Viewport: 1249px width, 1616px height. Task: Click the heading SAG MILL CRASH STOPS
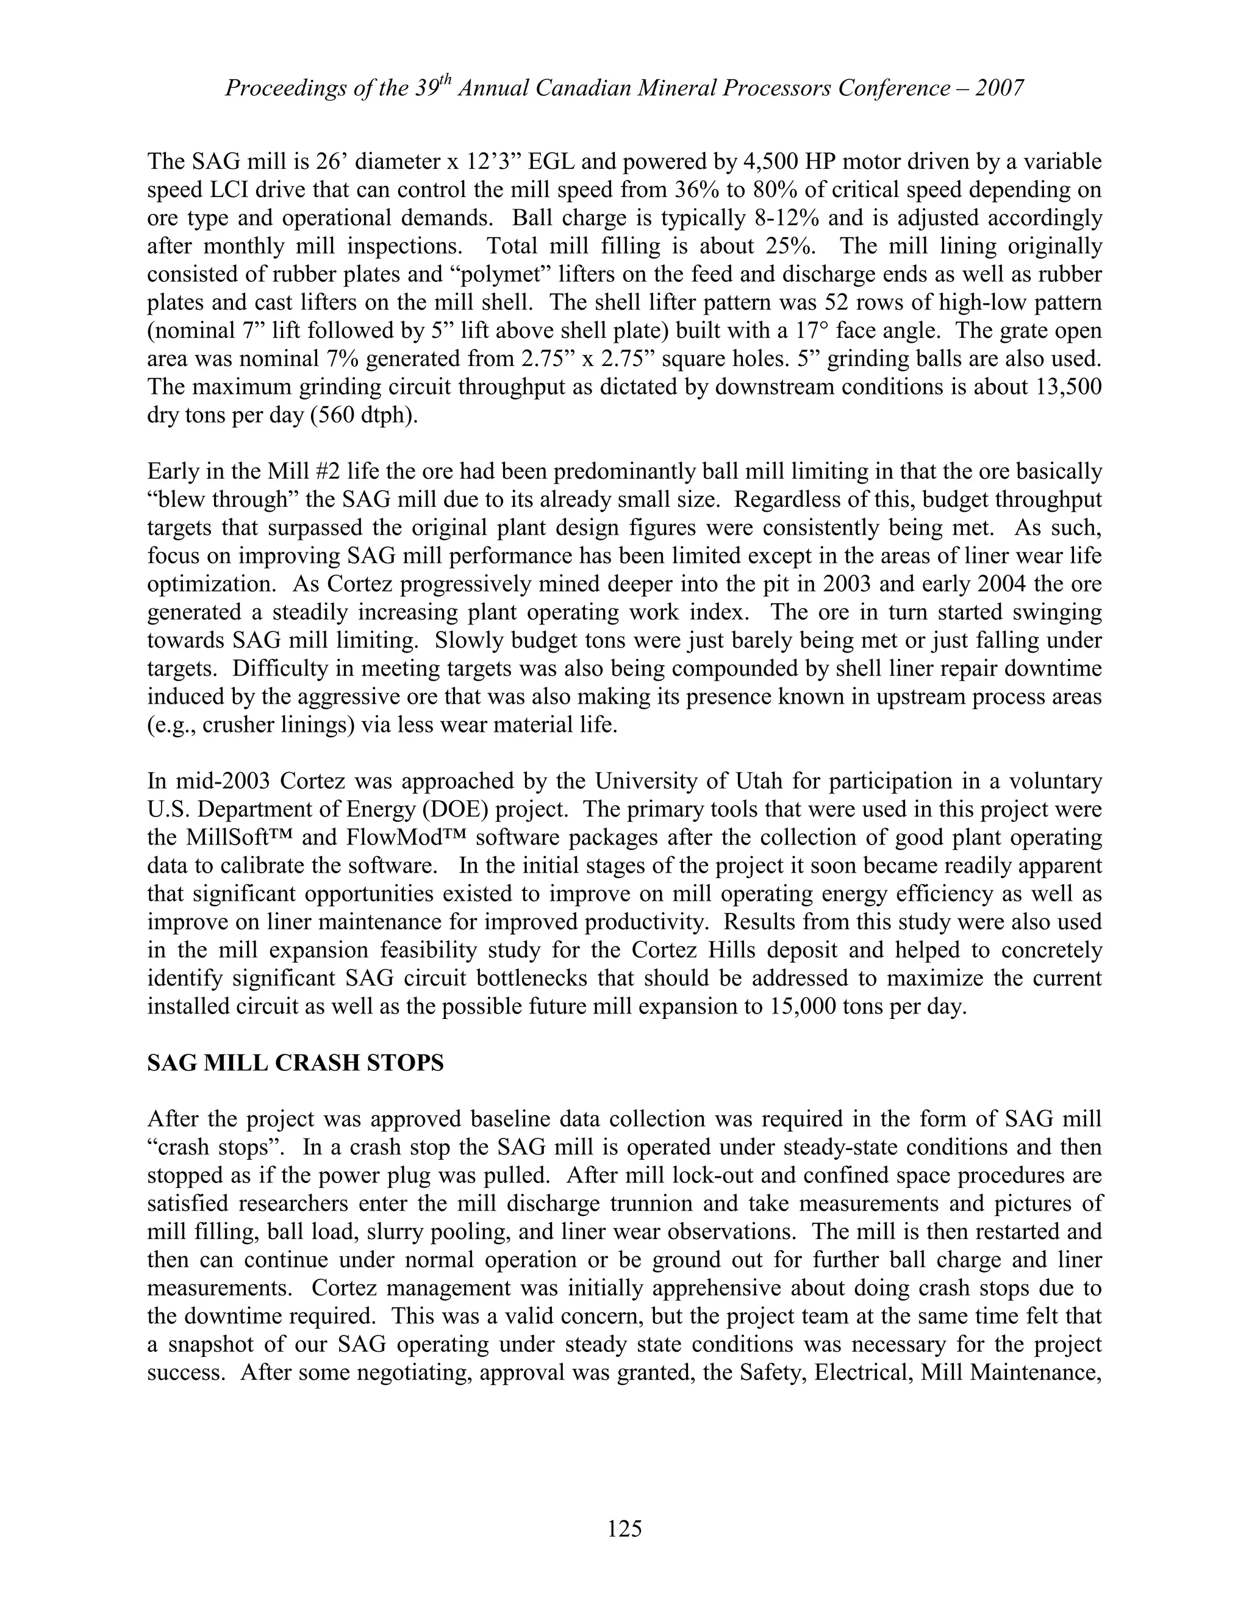pos(295,1064)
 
